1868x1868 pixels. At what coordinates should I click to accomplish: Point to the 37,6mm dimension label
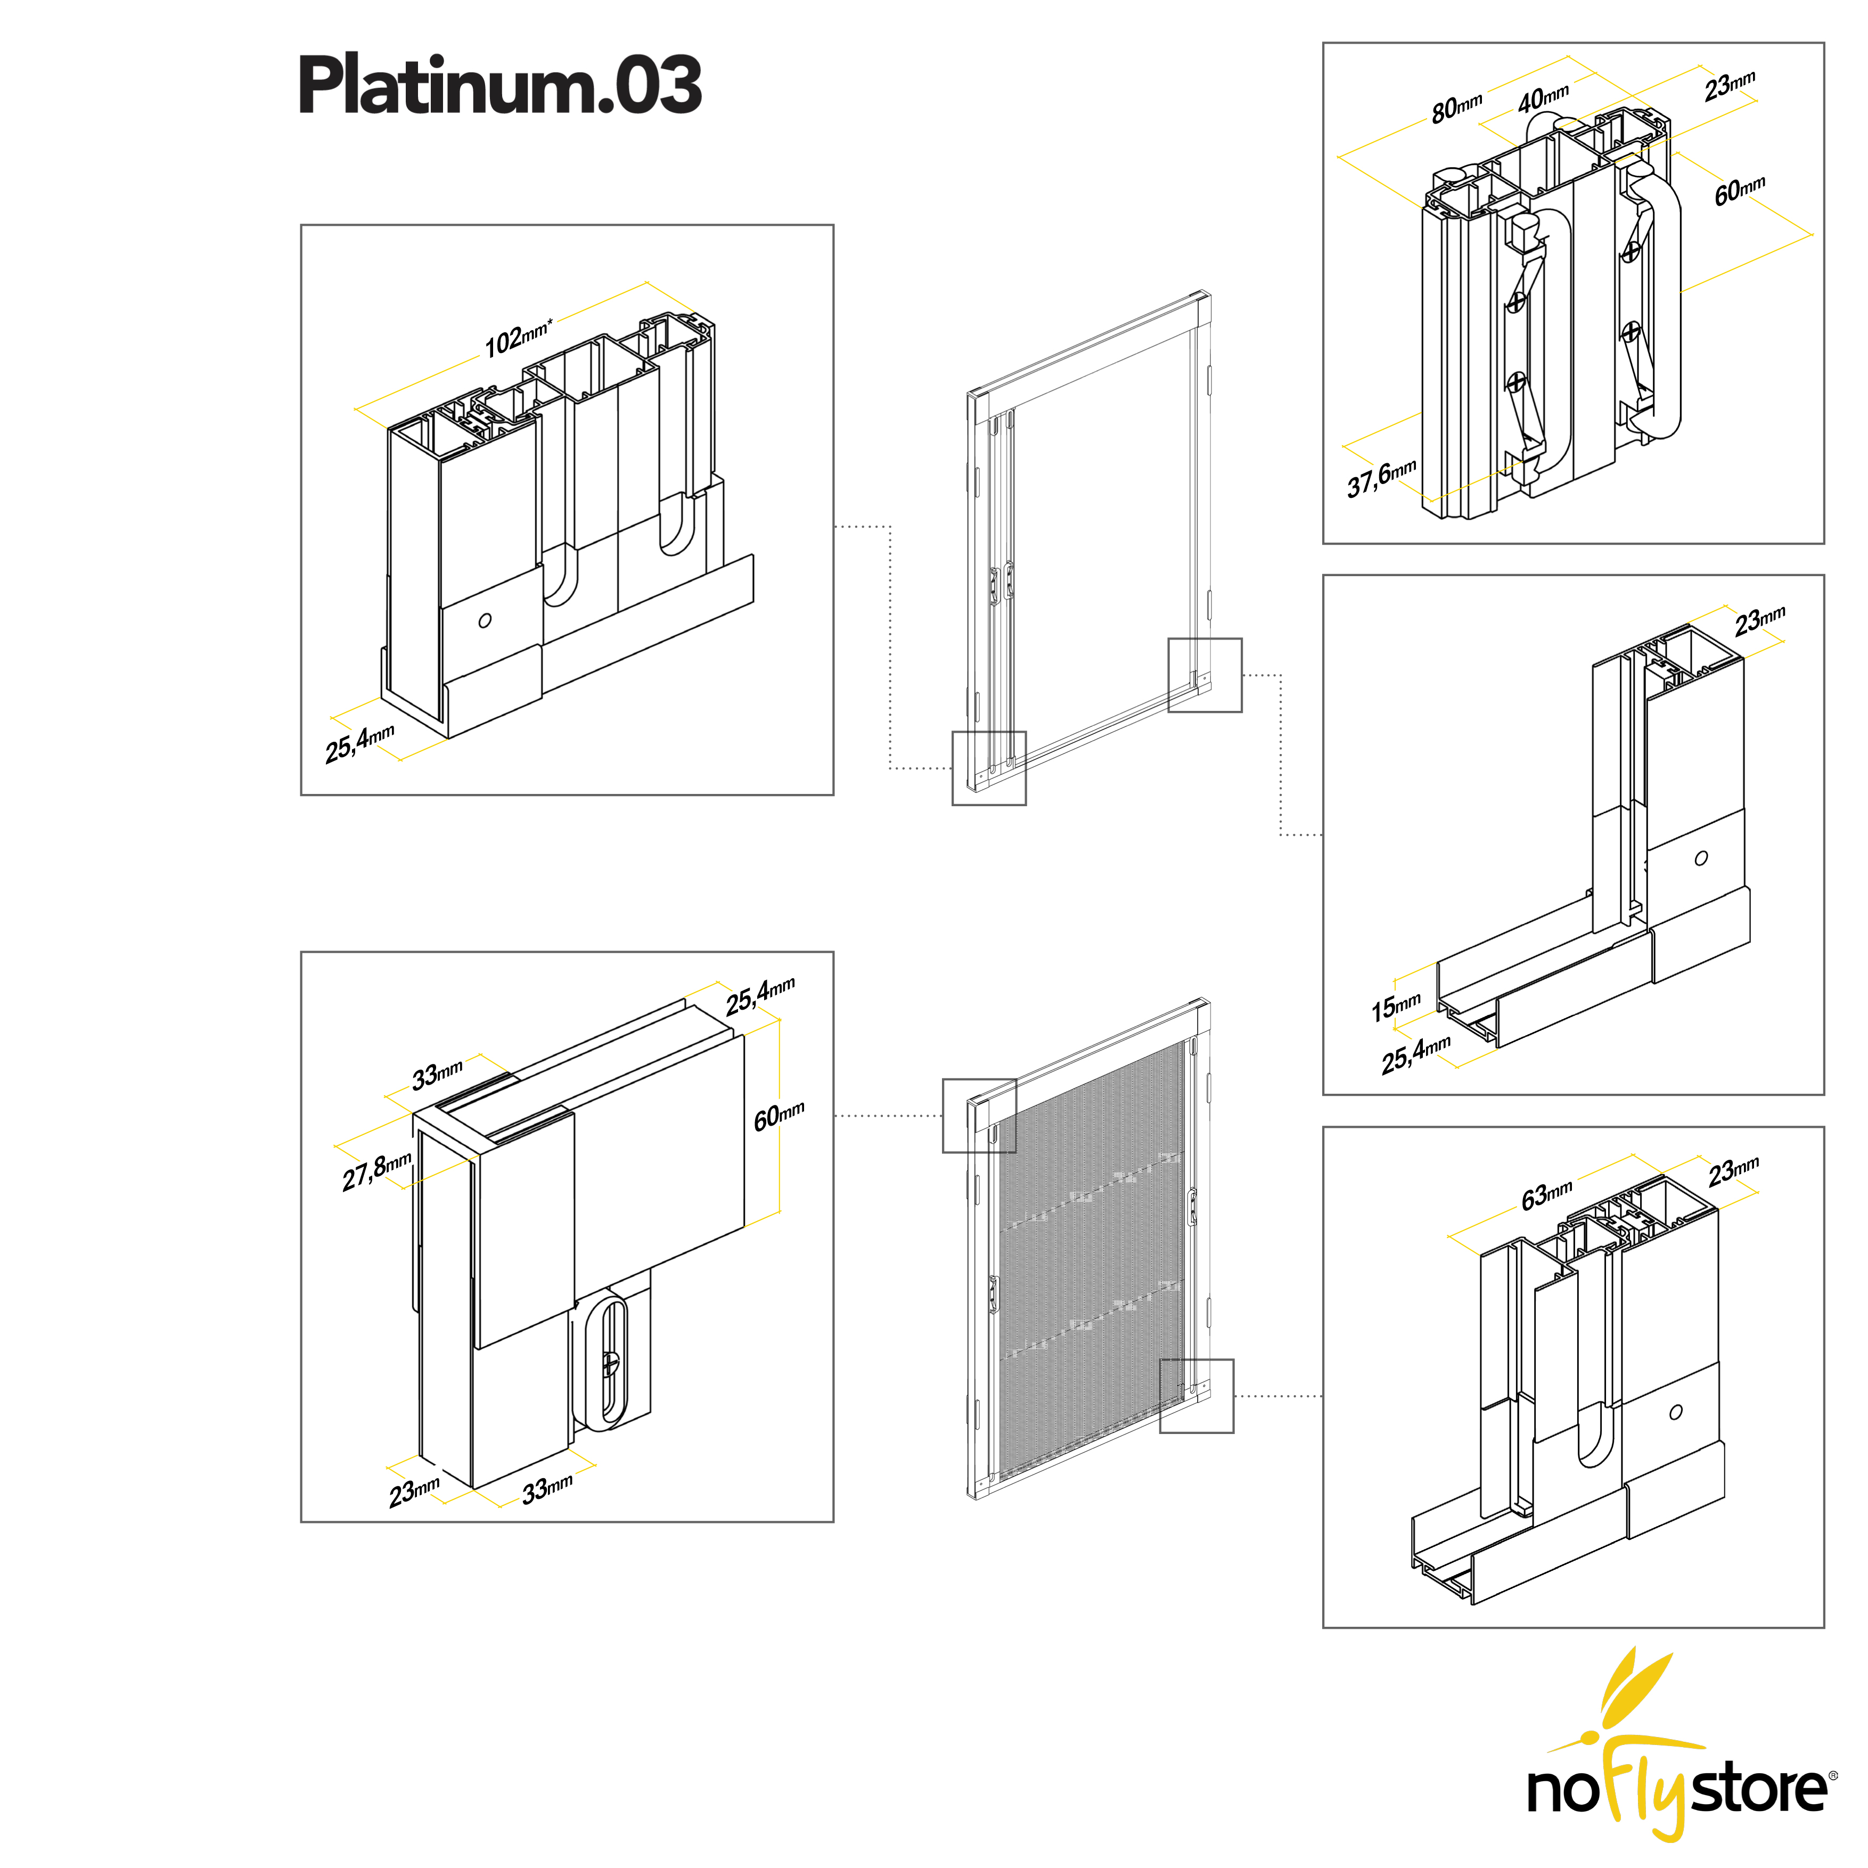(1381, 478)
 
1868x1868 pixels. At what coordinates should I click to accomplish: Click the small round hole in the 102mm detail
(485, 620)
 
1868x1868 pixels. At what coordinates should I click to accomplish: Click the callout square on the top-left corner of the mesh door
(979, 1115)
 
